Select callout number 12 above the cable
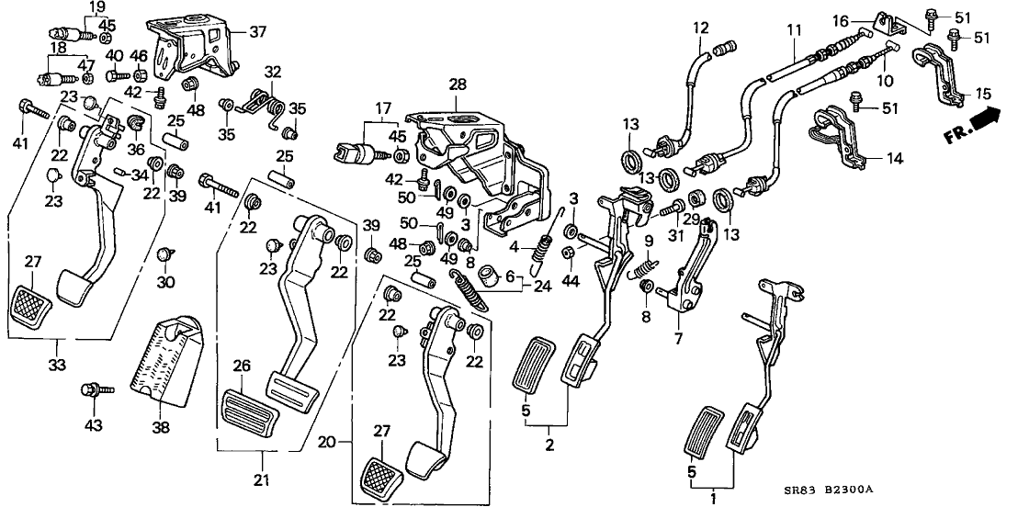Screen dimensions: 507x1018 pos(701,28)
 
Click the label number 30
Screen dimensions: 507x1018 pos(164,283)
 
